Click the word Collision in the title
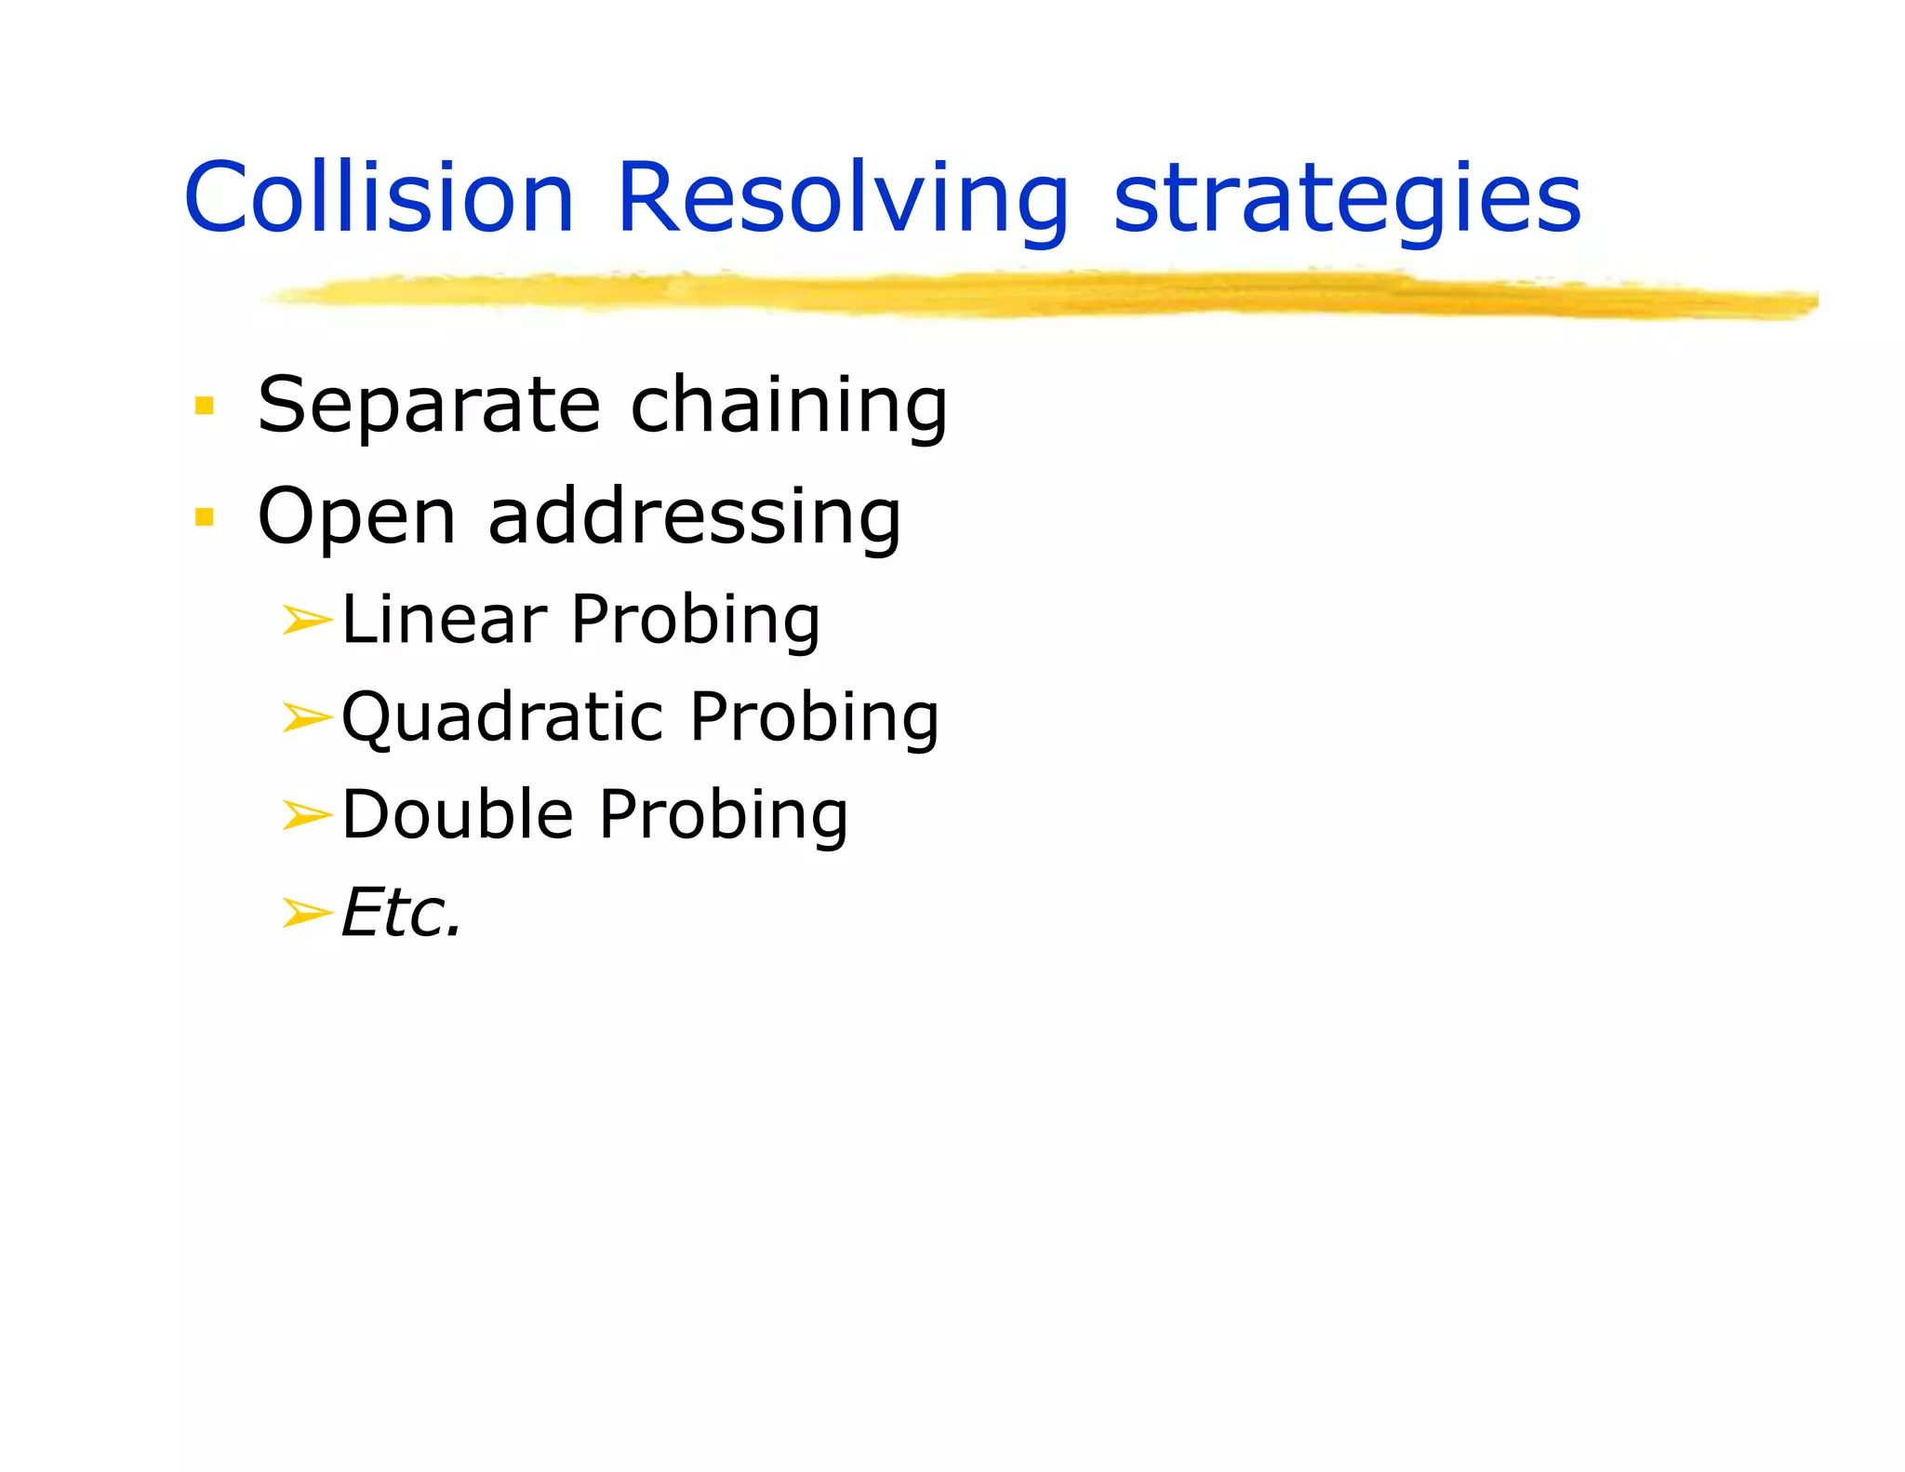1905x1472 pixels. pos(379,198)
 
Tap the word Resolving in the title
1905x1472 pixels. pos(842,200)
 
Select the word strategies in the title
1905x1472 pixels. pos(1347,200)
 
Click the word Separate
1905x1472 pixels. pos(429,406)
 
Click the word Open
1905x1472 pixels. pos(356,517)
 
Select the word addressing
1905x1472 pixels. pos(694,517)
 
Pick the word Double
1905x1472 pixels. pos(458,815)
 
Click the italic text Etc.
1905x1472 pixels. pos(401,914)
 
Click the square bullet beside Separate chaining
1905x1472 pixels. pos(205,406)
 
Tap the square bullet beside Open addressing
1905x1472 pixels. pos(205,516)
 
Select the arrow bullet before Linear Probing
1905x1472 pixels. pos(306,620)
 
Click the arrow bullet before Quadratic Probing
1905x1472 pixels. pos(306,717)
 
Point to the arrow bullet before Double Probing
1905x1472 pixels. pos(306,816)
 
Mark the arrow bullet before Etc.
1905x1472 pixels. pos(306,914)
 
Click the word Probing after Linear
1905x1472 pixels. pos(695,622)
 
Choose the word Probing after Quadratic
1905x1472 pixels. pos(814,719)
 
